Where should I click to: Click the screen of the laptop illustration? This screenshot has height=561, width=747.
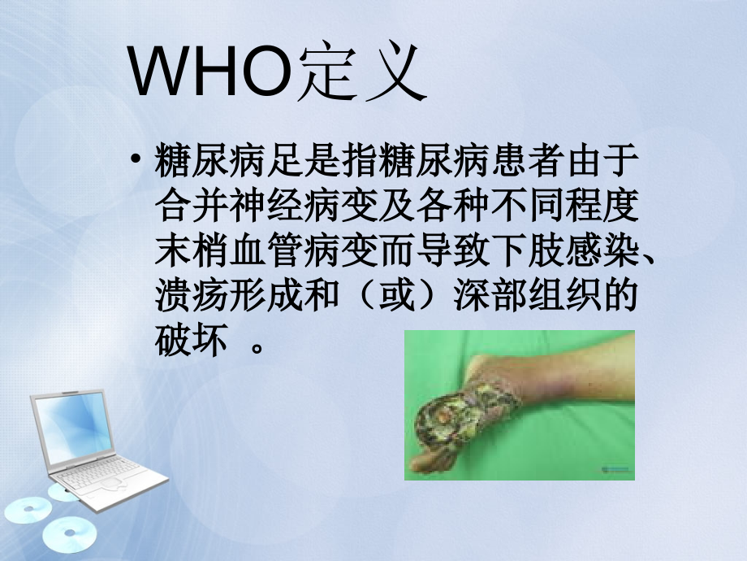click(77, 424)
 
